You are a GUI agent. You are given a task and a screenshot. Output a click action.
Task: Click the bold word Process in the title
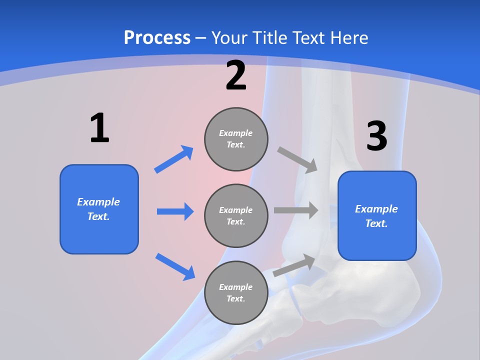click(x=157, y=37)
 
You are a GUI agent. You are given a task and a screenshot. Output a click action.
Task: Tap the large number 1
click(x=99, y=128)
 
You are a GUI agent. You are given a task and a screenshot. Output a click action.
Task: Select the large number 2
click(x=236, y=76)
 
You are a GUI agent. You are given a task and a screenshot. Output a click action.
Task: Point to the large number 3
click(x=377, y=136)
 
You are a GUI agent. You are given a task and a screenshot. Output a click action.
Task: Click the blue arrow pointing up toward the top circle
click(x=174, y=159)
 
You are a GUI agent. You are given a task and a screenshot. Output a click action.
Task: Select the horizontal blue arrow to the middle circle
click(x=175, y=211)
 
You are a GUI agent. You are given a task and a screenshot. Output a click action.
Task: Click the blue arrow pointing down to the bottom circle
click(x=175, y=266)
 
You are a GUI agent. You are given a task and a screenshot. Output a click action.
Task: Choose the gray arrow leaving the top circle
click(x=298, y=160)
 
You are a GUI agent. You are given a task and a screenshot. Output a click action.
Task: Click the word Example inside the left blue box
click(x=98, y=202)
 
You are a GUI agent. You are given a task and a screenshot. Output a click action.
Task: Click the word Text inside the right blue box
click(x=376, y=223)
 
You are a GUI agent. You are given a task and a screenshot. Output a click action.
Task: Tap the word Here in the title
click(x=349, y=37)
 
